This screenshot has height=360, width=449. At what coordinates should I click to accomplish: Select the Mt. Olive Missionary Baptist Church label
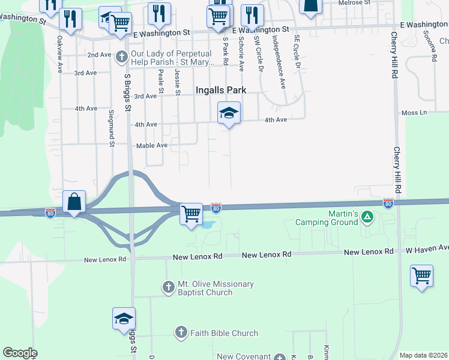coord(215,288)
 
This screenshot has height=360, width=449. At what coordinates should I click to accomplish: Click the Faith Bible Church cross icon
coord(181,332)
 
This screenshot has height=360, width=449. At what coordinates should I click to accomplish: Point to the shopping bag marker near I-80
coord(74,202)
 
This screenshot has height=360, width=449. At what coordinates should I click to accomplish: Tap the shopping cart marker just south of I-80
coord(191,213)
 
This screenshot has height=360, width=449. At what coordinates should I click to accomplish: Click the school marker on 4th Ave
coord(229,113)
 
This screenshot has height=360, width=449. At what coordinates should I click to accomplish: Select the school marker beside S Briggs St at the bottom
coord(124,318)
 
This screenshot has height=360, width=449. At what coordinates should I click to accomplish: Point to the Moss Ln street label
coord(414,112)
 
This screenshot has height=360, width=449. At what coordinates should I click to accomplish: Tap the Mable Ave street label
coord(152,145)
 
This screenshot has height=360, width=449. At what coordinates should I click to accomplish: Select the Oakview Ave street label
coord(59,54)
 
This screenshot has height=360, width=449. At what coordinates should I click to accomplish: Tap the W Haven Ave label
coord(427,248)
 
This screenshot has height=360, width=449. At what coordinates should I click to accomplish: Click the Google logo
coord(20,353)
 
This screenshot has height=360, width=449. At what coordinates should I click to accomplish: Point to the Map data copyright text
coord(423,355)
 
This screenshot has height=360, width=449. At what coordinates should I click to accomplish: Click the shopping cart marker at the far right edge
coord(422,276)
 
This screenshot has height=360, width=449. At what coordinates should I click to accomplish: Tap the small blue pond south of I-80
coord(208,226)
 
